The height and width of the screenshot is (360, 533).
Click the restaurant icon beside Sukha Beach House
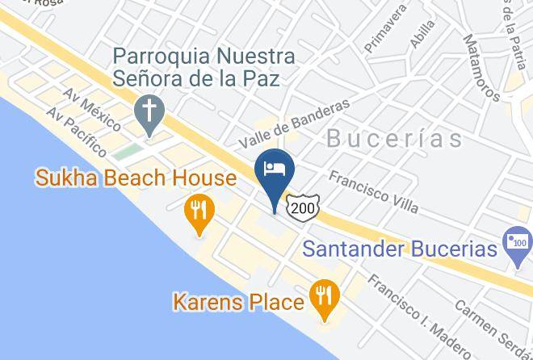pyautogui.click(x=198, y=211)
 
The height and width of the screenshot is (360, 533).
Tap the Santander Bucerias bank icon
pyautogui.click(x=516, y=243)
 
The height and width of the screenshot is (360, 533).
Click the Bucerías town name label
pyautogui.click(x=395, y=138)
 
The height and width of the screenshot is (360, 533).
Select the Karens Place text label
pyautogui.click(x=238, y=303)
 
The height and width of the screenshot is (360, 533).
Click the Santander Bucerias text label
pyautogui.click(x=400, y=249)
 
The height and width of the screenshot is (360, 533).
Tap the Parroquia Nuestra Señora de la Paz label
pyautogui.click(x=204, y=69)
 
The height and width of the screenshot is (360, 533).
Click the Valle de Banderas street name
pyautogui.click(x=294, y=123)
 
